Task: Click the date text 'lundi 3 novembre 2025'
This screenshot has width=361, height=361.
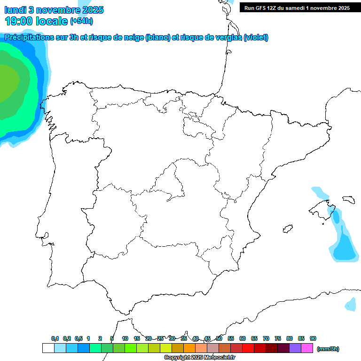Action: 54,10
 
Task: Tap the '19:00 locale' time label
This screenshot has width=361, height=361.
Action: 37,21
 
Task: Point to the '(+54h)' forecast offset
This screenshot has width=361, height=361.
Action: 81,21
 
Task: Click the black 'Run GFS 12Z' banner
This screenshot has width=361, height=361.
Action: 294,8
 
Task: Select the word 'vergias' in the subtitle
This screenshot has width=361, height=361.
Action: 224,38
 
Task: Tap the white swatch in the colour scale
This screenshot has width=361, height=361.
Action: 48,348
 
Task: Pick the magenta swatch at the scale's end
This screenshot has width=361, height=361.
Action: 307,348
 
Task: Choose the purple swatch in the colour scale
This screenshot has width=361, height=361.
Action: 295,348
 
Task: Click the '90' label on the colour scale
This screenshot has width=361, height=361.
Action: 313,338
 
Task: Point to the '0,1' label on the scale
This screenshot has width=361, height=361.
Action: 55,338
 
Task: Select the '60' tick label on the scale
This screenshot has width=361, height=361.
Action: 243,338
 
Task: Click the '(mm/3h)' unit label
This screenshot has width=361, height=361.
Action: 328,349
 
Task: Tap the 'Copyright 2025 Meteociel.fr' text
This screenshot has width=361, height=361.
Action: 200,358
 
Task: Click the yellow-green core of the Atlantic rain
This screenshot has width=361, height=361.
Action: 7,82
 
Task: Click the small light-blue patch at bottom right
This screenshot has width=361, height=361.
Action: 350,304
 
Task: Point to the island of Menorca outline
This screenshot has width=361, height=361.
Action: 348,200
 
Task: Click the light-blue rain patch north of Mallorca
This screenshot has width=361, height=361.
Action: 319,192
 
